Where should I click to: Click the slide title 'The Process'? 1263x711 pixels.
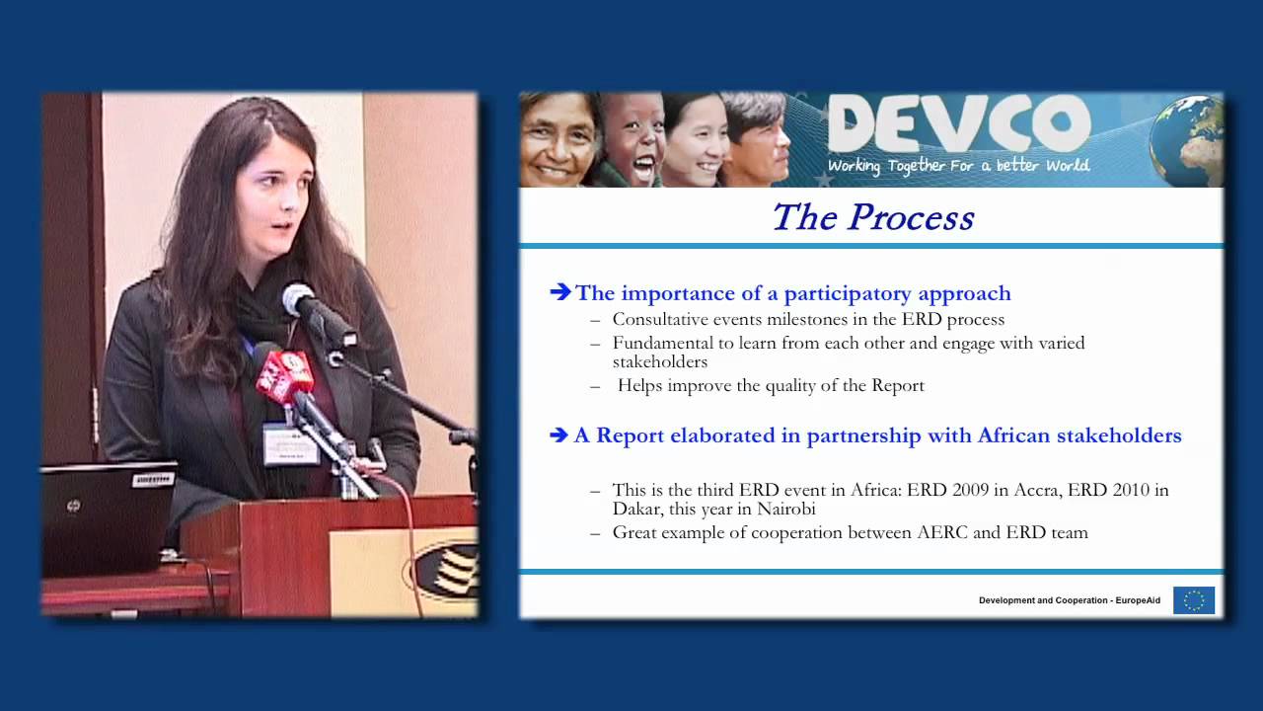click(x=872, y=217)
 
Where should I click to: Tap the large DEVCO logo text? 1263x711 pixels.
click(x=958, y=125)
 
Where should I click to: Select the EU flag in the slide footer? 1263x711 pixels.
click(x=1194, y=600)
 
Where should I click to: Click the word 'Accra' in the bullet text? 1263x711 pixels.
click(x=1036, y=490)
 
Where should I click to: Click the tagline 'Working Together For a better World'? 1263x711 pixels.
click(x=958, y=166)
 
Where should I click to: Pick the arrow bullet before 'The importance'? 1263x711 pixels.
click(x=560, y=292)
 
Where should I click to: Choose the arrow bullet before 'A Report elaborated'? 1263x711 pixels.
click(x=559, y=435)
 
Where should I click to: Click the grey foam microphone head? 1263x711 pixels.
click(x=298, y=299)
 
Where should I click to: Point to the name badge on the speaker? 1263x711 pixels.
click(x=290, y=443)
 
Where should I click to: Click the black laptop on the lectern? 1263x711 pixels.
click(x=109, y=517)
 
